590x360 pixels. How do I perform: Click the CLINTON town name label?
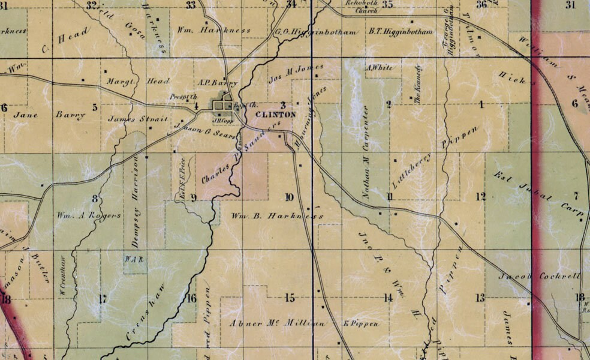tap(275, 114)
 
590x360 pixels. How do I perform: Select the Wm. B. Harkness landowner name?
tap(278, 215)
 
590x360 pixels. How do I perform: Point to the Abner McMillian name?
tap(278, 323)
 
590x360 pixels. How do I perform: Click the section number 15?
tap(290, 298)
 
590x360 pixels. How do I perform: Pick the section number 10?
tap(290, 197)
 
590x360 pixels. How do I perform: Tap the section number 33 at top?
tap(191, 5)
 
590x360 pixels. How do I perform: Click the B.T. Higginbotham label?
tap(401, 31)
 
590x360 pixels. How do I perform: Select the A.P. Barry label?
tap(216, 83)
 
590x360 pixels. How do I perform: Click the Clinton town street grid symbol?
tap(223, 106)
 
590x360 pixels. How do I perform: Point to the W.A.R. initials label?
tap(132, 259)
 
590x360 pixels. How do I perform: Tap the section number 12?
tap(480, 196)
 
